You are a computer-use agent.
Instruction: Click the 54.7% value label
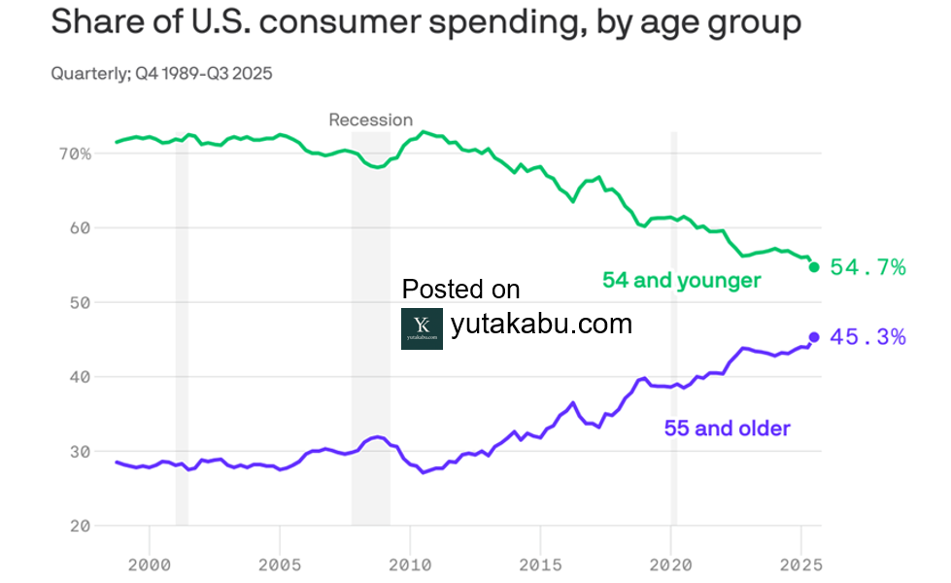click(x=867, y=267)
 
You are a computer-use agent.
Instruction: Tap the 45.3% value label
click(x=867, y=337)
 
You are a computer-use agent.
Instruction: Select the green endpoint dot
click(x=814, y=267)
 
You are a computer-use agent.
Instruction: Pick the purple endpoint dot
click(x=814, y=337)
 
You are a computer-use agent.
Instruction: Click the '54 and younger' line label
click(x=681, y=281)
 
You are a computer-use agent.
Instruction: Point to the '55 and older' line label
click(x=727, y=429)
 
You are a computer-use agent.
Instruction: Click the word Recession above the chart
click(x=370, y=120)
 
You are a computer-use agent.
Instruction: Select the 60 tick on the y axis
click(x=81, y=228)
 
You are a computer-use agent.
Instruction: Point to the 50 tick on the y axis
click(x=81, y=302)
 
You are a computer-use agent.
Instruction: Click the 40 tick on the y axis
click(x=81, y=377)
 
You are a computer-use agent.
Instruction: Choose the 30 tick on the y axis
click(x=81, y=452)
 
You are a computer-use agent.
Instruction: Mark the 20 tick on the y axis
click(x=81, y=526)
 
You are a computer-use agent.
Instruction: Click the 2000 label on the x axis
click(x=150, y=564)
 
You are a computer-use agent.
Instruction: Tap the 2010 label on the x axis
click(x=410, y=564)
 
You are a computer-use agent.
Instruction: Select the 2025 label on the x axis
click(x=801, y=564)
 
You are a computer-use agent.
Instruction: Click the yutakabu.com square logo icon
click(x=422, y=328)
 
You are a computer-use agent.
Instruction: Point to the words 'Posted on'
click(x=460, y=290)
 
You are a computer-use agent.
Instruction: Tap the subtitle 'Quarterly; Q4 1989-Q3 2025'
click(x=161, y=74)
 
